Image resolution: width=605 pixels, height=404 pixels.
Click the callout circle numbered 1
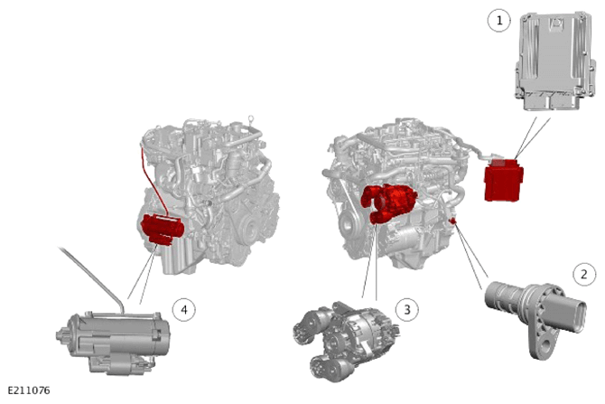(499, 20)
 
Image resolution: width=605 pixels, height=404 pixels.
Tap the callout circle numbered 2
(583, 274)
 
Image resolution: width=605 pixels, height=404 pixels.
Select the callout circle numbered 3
(407, 309)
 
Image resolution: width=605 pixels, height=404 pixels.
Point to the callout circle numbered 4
(184, 309)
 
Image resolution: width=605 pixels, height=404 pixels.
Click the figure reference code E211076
(29, 390)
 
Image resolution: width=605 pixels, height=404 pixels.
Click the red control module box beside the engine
(503, 180)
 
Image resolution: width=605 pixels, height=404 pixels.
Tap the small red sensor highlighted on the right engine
(453, 221)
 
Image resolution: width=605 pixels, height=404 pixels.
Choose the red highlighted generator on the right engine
(388, 203)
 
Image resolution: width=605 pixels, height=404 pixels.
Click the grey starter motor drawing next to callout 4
(113, 341)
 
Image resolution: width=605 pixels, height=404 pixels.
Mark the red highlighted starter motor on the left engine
(163, 230)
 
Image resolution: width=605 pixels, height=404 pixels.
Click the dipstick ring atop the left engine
(251, 118)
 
